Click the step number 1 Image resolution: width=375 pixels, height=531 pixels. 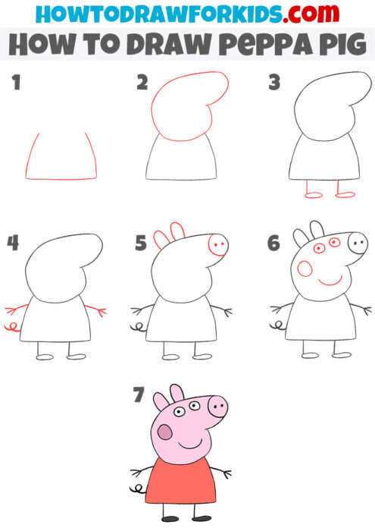(15, 85)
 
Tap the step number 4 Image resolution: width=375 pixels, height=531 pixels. (14, 243)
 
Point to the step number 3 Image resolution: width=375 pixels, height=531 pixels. (274, 83)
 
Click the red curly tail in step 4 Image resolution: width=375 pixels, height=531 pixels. (11, 328)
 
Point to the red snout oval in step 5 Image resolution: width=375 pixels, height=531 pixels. (217, 246)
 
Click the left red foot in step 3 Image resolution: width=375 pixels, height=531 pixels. (314, 195)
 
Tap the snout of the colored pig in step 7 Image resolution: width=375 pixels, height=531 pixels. (217, 407)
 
